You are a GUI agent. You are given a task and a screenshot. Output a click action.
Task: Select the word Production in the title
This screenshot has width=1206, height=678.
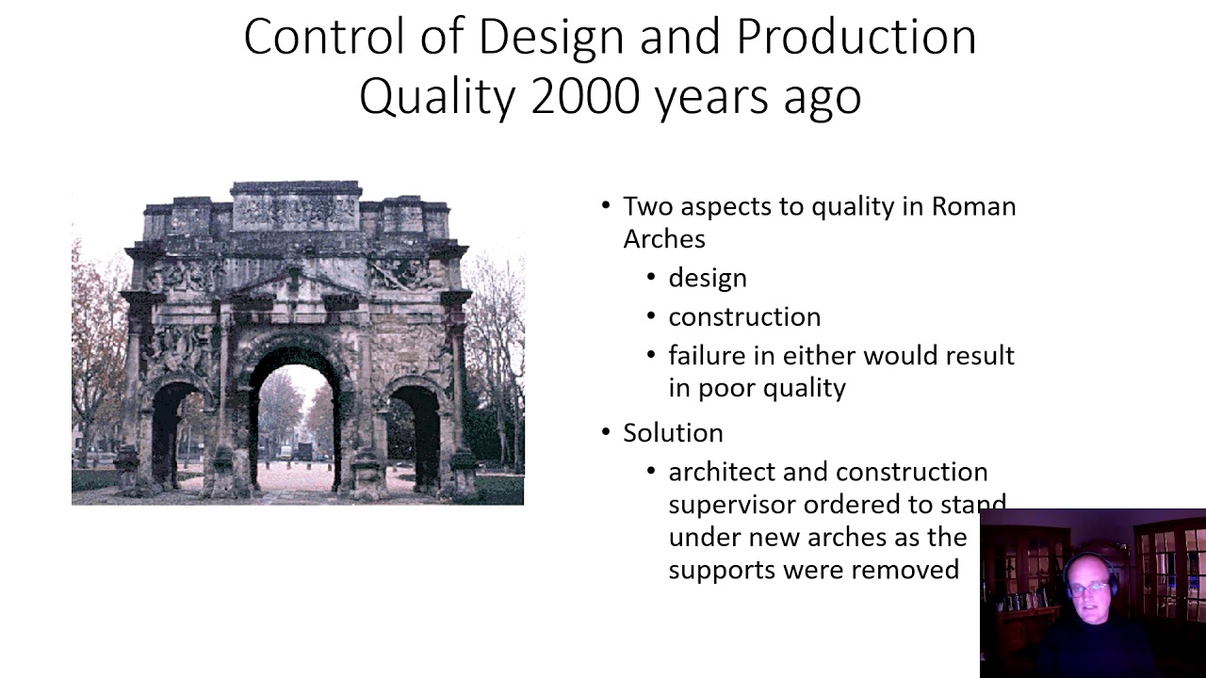[x=856, y=38]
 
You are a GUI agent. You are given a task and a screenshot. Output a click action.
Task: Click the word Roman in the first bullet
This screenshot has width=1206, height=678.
[x=973, y=206]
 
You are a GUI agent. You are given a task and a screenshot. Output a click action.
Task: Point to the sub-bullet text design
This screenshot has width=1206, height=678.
[x=708, y=278]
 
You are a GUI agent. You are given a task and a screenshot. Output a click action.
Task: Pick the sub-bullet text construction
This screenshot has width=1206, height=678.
[x=744, y=316]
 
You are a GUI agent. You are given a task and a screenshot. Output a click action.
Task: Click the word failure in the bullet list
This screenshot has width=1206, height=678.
[x=709, y=355]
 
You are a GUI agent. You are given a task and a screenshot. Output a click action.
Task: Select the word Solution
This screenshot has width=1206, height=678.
[x=673, y=433]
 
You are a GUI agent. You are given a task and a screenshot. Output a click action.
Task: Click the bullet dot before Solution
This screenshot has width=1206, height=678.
[x=606, y=433]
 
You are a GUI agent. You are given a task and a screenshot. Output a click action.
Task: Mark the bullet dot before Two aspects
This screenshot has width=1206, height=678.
[x=606, y=206]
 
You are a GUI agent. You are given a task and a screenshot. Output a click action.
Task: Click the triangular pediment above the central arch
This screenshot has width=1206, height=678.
[x=293, y=282]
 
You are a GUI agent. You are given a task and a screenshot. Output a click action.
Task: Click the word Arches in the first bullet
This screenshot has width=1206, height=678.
[x=663, y=239]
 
